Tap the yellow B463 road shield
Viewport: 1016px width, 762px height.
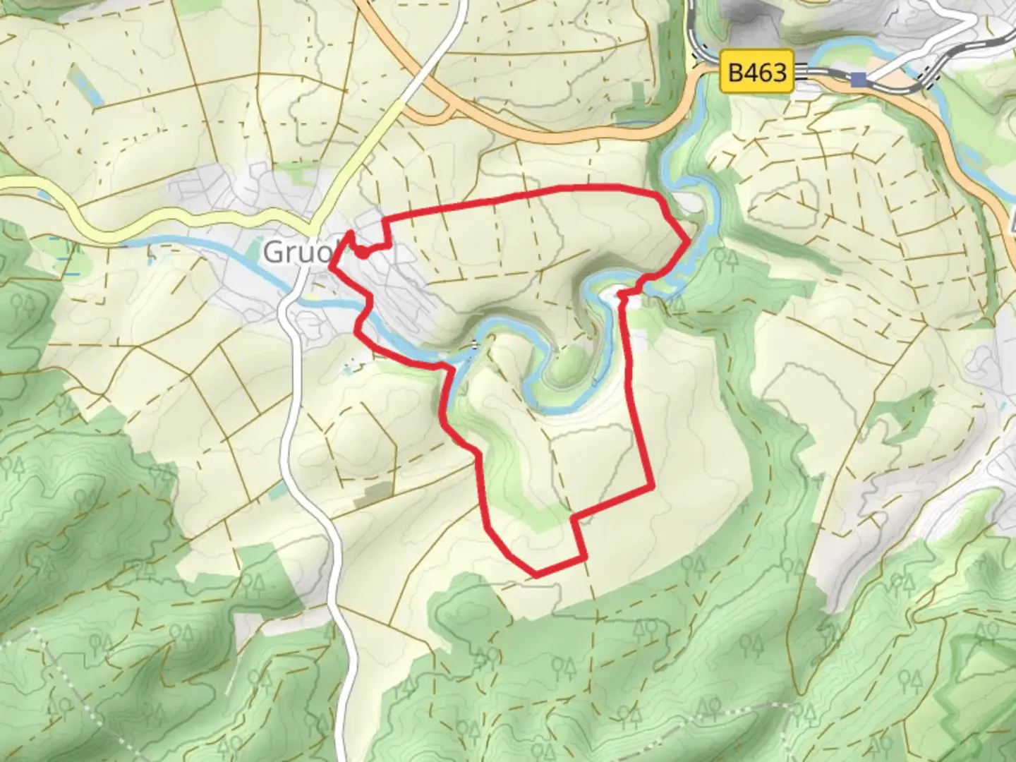pyautogui.click(x=757, y=71)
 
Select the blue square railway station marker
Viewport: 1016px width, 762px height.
pyautogui.click(x=859, y=79)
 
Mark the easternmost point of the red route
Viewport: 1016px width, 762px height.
pyautogui.click(x=689, y=242)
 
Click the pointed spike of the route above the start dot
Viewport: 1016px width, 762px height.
pyautogui.click(x=351, y=232)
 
